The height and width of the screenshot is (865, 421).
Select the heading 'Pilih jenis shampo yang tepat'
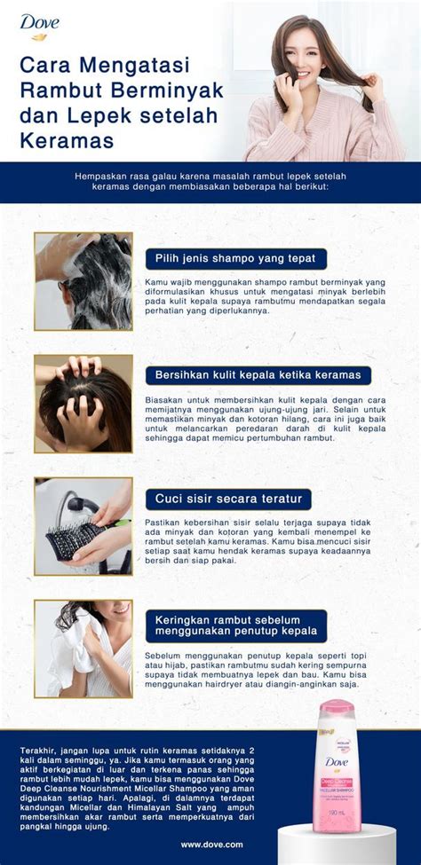(235, 259)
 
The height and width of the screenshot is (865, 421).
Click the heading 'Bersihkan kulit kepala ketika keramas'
(258, 375)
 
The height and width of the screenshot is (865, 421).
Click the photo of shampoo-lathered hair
(83, 281)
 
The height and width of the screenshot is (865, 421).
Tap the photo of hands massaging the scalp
(83, 404)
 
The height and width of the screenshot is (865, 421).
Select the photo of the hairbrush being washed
(83, 526)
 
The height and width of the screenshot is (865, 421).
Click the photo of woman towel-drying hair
(83, 649)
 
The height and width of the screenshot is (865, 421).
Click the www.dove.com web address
(211, 845)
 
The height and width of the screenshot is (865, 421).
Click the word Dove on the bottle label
(337, 762)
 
